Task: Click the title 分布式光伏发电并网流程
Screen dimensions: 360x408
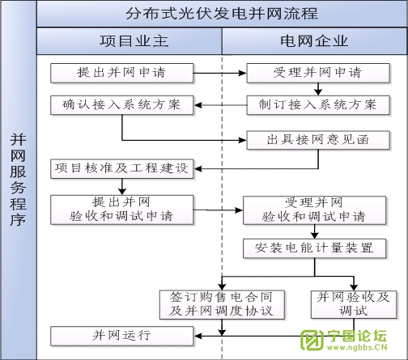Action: [x=222, y=15]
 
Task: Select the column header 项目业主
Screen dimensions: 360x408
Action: [x=130, y=40]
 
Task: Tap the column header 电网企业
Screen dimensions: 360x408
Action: [x=314, y=40]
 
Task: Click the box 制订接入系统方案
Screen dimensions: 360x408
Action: [x=313, y=105]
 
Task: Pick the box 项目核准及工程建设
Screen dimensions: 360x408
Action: [x=121, y=169]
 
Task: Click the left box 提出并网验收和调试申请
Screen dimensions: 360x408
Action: [x=121, y=209]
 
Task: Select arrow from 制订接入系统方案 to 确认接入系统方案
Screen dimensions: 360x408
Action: [x=219, y=105]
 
